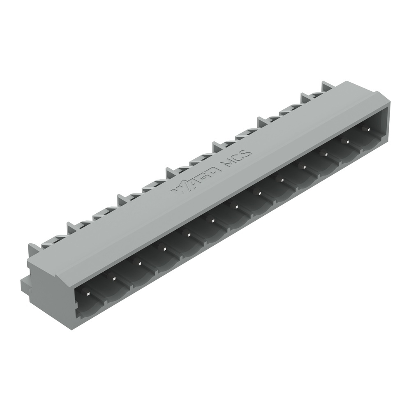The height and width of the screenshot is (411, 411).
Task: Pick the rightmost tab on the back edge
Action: [327, 87]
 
